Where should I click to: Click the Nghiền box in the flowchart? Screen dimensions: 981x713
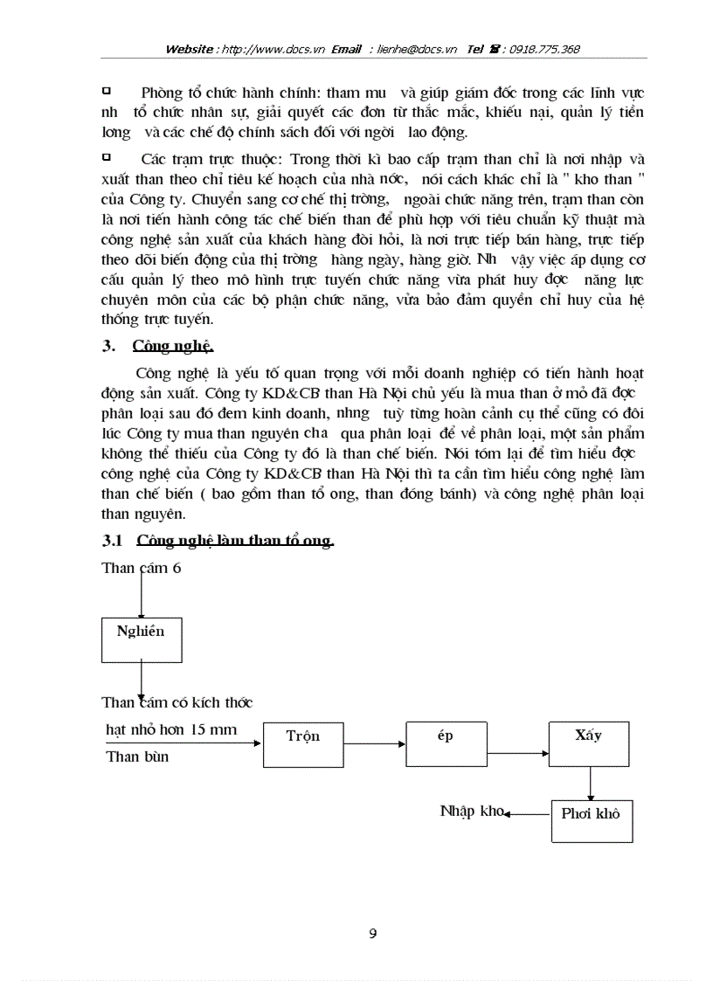[x=140, y=639]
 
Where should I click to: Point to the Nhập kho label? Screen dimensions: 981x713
[x=472, y=812]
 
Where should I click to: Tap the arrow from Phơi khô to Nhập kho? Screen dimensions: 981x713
[x=529, y=813]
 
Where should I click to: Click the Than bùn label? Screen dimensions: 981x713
[x=137, y=756]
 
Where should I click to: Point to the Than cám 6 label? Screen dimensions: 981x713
[x=142, y=568]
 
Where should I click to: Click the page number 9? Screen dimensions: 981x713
[x=373, y=934]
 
